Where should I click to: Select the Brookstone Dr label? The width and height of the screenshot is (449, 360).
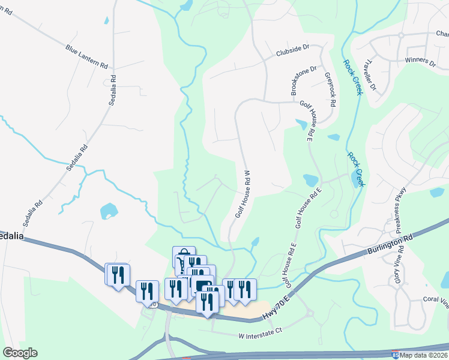pos(303,81)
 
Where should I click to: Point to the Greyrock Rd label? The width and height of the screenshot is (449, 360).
pos(330,90)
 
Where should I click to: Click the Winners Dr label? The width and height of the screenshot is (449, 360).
pos(420,61)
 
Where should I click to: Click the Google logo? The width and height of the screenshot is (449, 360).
pos(20,353)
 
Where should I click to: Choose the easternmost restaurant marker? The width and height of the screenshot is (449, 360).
pos(244,289)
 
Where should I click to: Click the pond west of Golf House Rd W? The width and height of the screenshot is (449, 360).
pos(109,211)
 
